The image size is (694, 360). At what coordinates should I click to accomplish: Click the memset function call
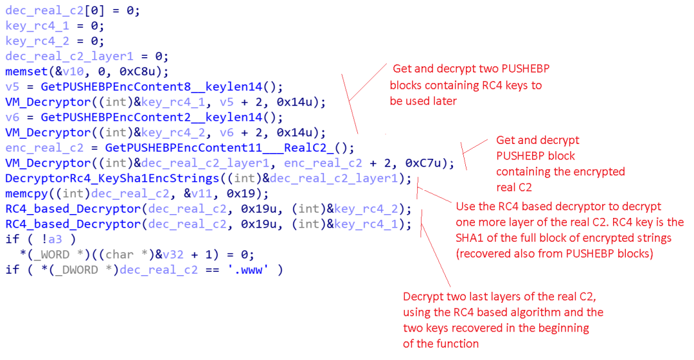pos(24,71)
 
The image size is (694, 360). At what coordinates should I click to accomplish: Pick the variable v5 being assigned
pos(12,87)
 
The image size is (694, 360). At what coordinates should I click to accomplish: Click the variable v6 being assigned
pos(12,117)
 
